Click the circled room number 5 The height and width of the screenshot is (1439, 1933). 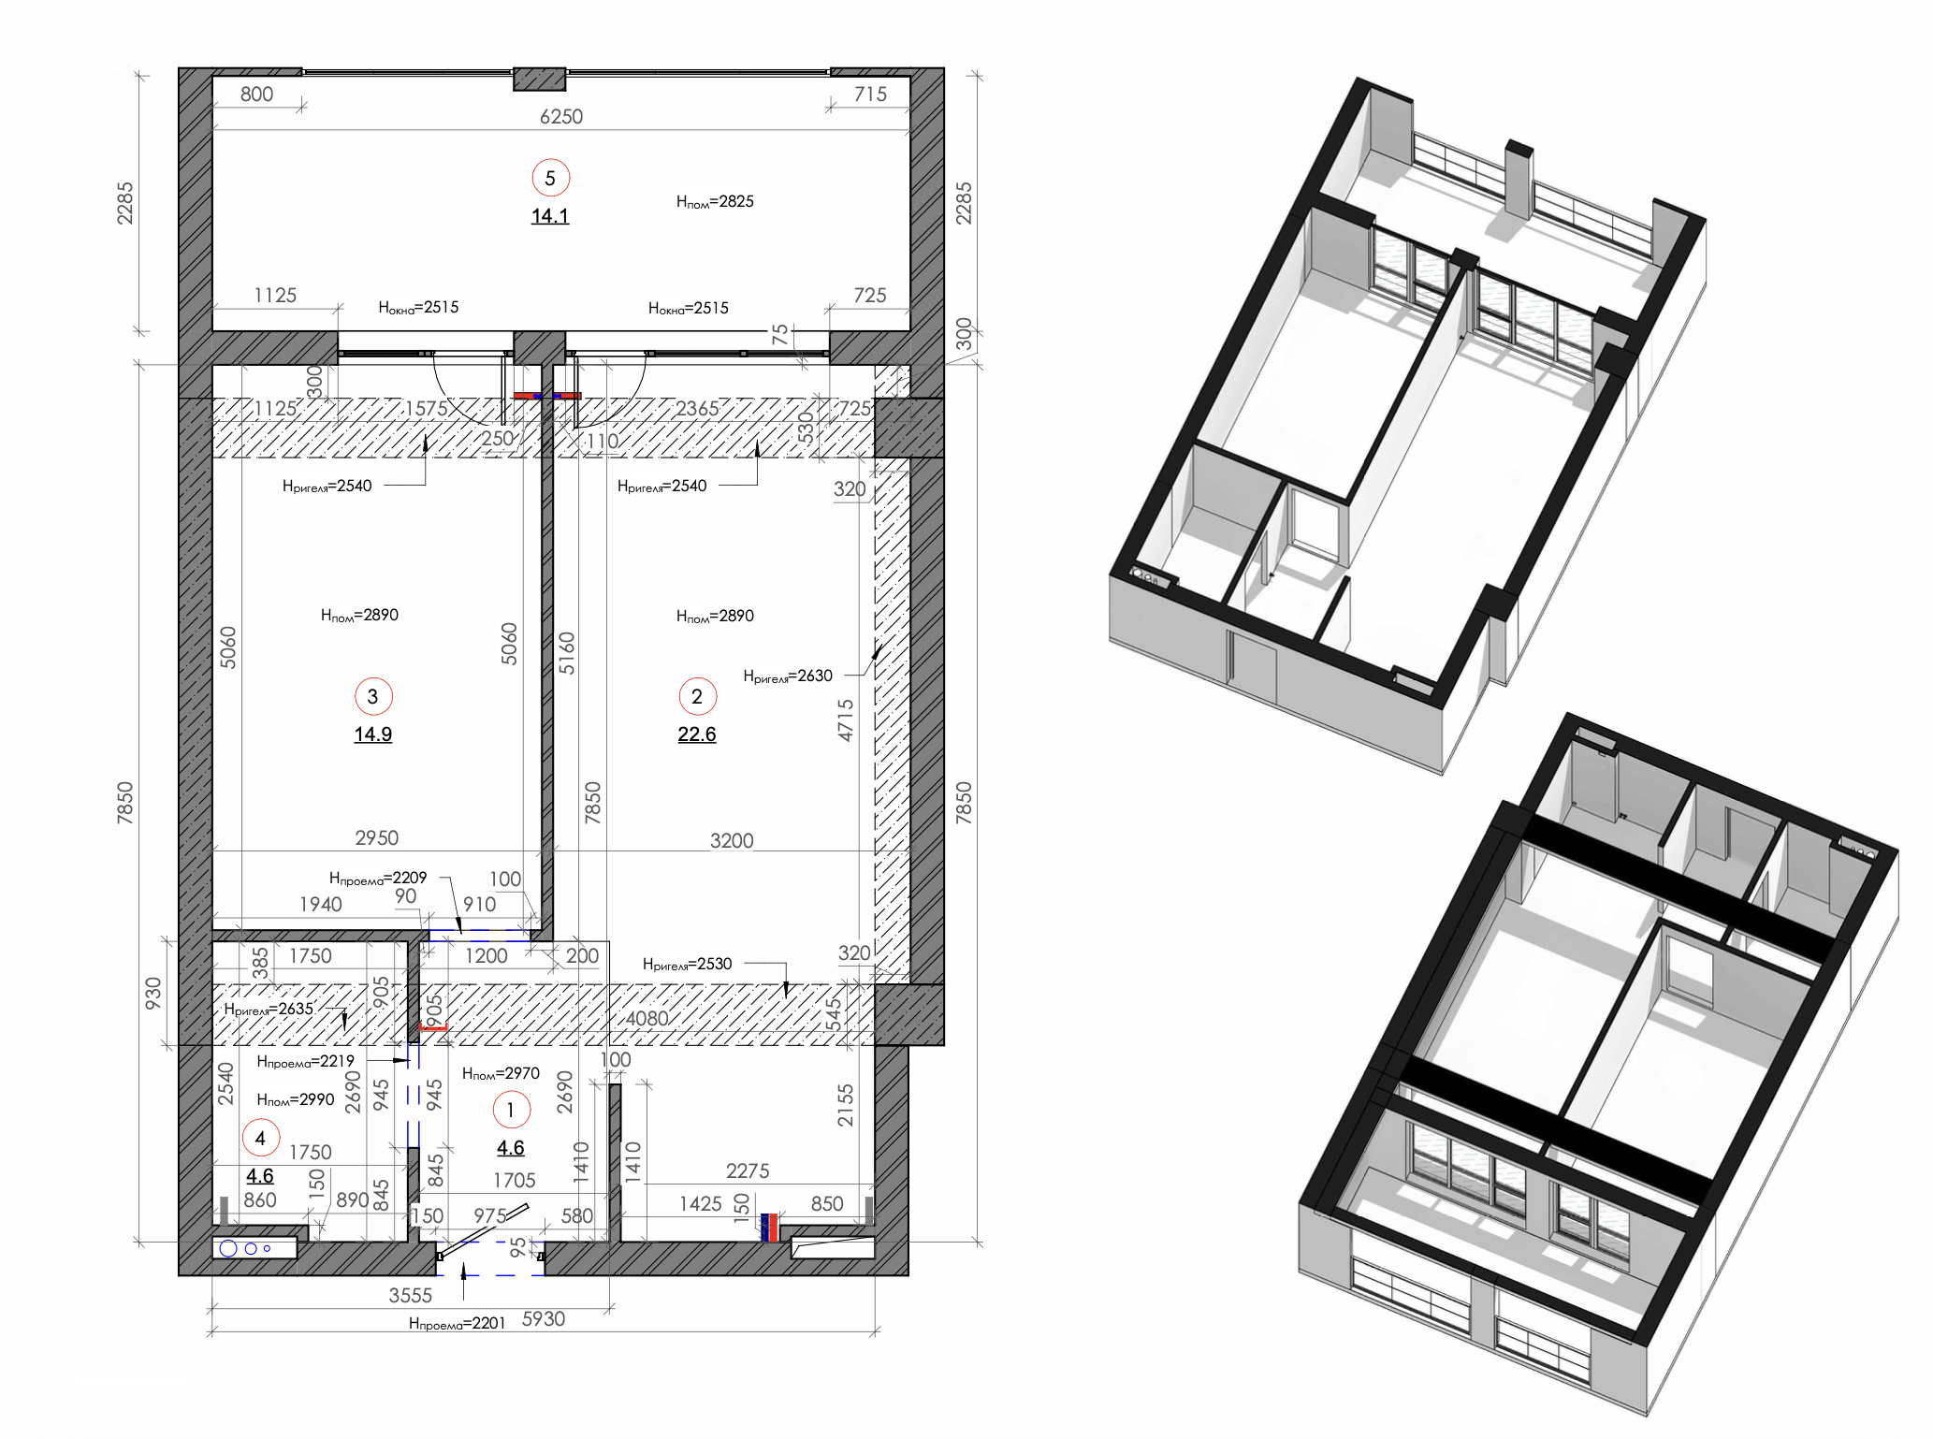tap(550, 178)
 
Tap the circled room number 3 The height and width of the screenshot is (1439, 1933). tap(373, 696)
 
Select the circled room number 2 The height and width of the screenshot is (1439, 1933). tap(697, 696)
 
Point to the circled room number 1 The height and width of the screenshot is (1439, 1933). tap(511, 1111)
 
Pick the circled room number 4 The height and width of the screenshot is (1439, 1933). tap(261, 1139)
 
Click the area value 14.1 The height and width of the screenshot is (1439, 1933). tap(550, 216)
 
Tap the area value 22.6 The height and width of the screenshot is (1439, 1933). tap(697, 734)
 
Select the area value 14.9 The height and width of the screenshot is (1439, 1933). tap(373, 734)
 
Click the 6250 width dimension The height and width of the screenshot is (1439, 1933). tap(561, 117)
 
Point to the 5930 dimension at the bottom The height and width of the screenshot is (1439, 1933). tap(544, 1319)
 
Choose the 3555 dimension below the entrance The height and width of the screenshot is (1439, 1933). tap(411, 1296)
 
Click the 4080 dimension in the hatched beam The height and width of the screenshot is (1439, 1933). tap(647, 1019)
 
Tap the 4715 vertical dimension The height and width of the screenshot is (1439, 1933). tap(846, 720)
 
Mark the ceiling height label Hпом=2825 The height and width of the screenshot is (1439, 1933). tap(715, 202)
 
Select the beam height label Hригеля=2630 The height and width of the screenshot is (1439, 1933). tap(788, 676)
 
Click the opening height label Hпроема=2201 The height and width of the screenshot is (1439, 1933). tap(457, 1324)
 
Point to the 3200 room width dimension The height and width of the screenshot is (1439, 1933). tap(732, 841)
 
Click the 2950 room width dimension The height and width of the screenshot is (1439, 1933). tap(377, 838)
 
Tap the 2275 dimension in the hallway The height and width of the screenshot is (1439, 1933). tap(748, 1171)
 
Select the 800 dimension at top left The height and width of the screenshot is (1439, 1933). tap(257, 94)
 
